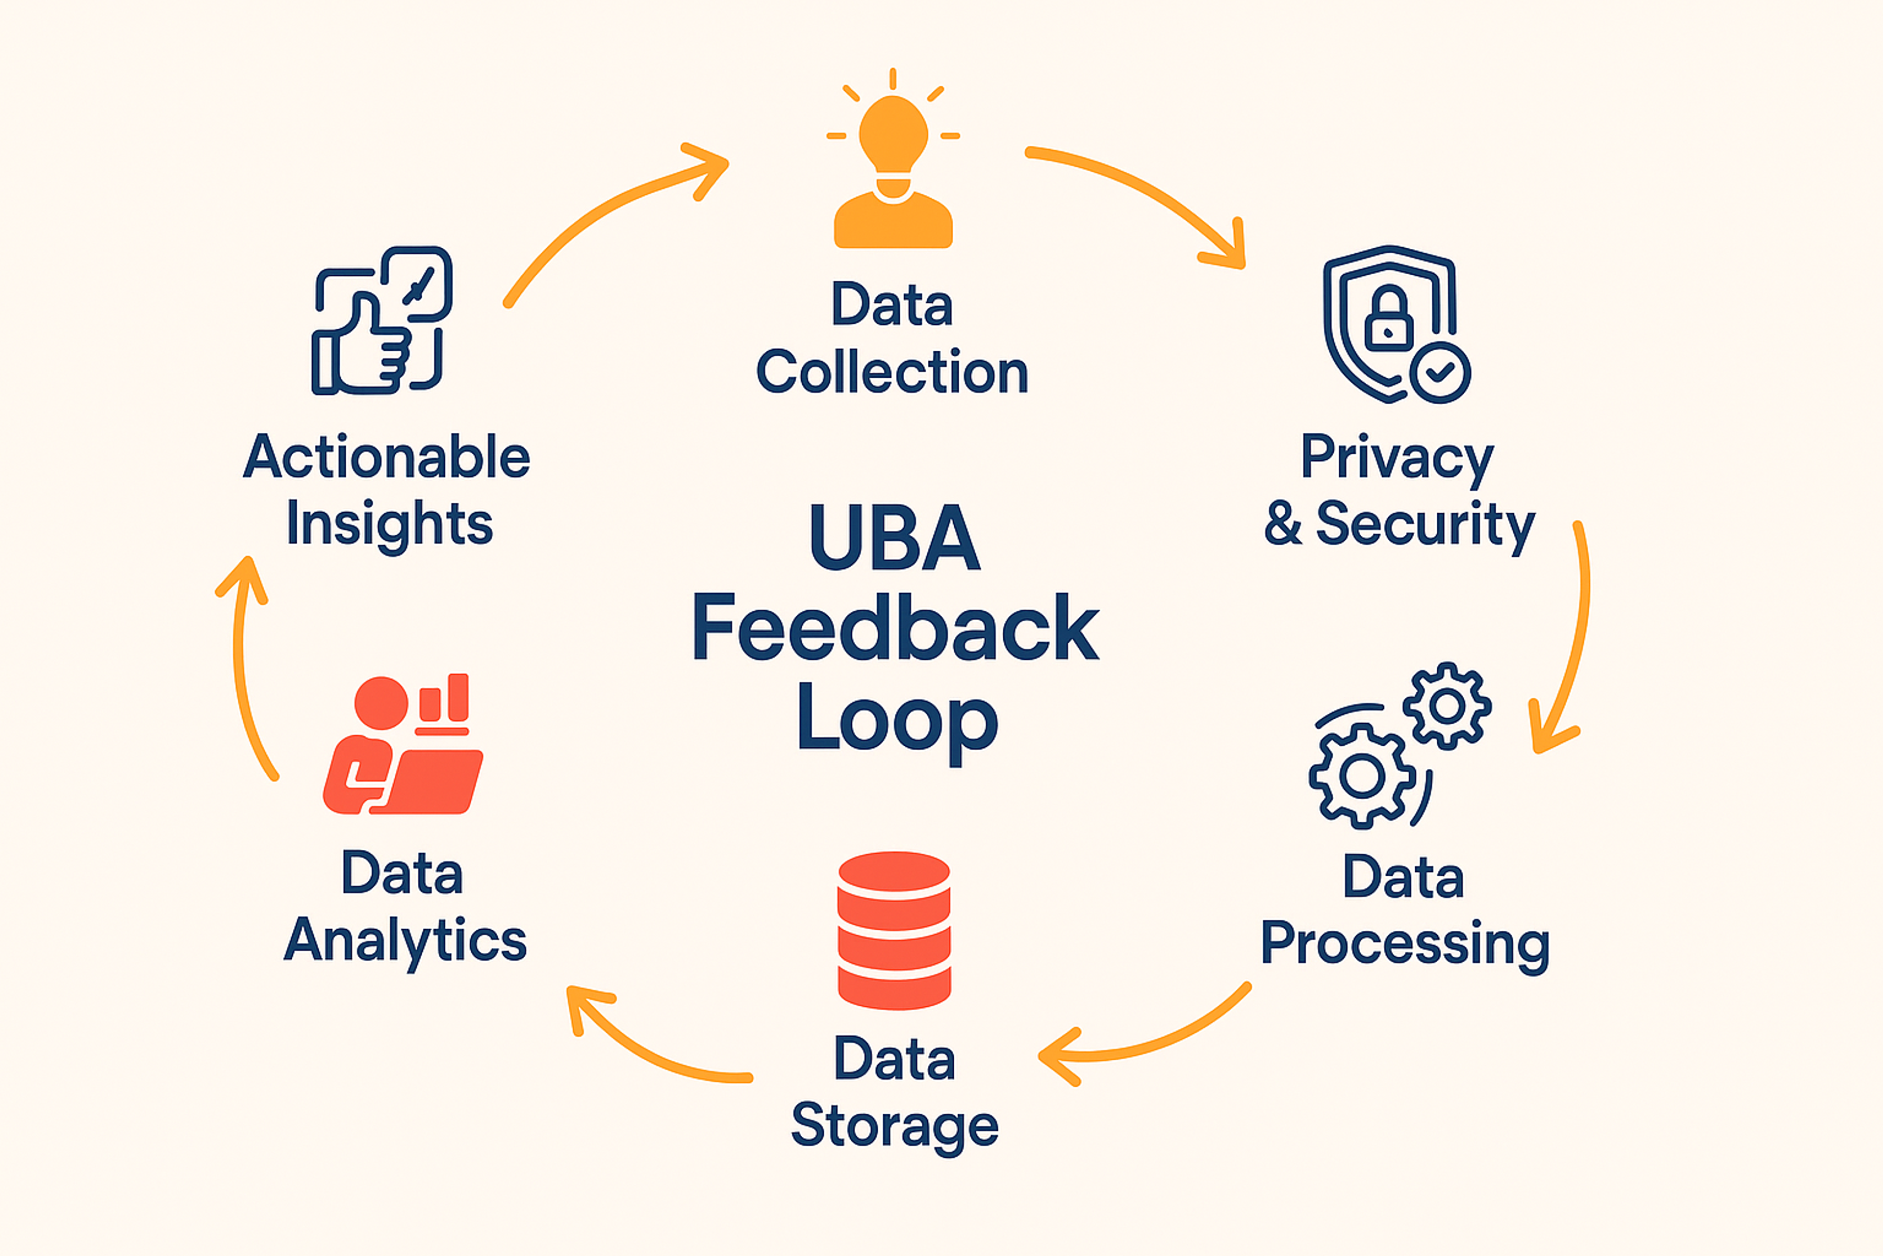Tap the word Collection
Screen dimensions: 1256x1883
pos(892,372)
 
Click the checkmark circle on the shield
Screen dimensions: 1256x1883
pos(1440,372)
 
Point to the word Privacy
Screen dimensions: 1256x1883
pos(1397,458)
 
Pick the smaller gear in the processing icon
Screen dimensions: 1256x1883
pos(1447,706)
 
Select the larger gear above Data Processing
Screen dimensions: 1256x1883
pos(1363,775)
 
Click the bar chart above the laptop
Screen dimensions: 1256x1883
pos(444,701)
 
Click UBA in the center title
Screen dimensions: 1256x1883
pos(894,538)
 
